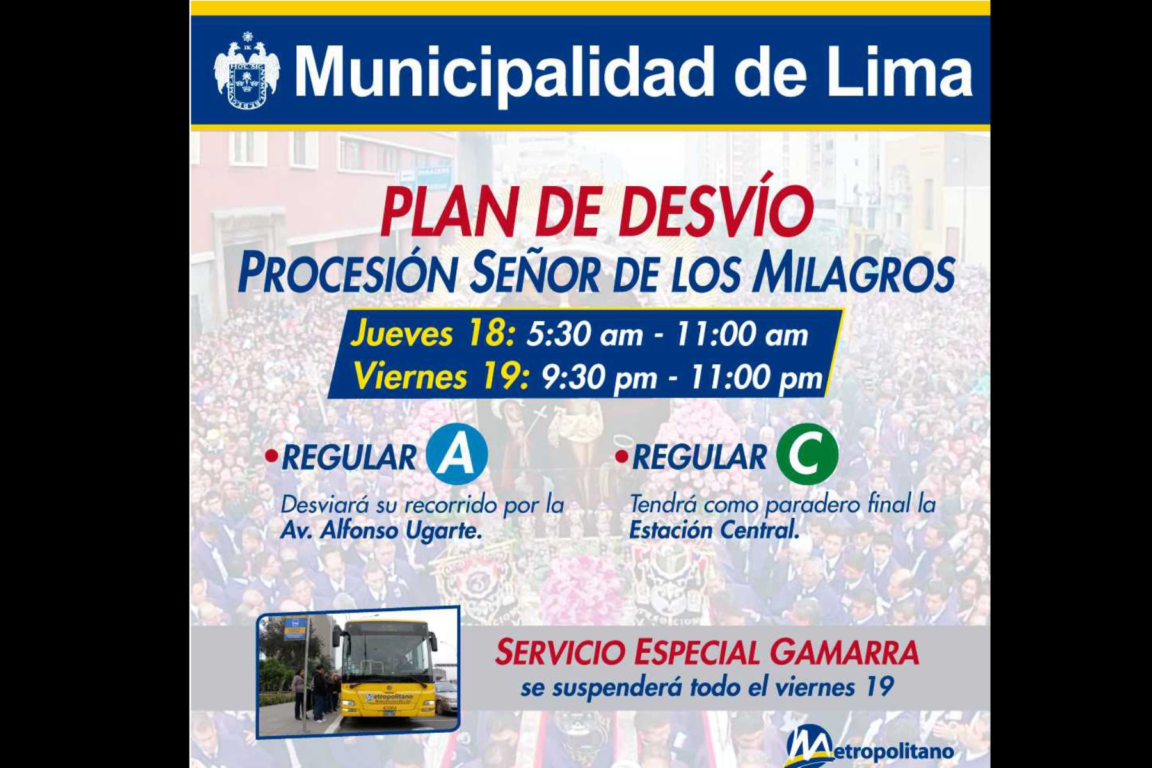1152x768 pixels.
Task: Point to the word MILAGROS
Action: (853, 273)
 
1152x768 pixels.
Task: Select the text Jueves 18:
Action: (432, 335)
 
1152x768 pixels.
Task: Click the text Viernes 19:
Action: (442, 376)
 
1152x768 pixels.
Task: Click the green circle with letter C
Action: (807, 454)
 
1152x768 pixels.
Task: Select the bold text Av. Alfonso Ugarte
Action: (381, 531)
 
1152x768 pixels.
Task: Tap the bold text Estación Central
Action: (715, 531)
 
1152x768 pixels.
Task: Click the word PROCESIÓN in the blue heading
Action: (346, 273)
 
